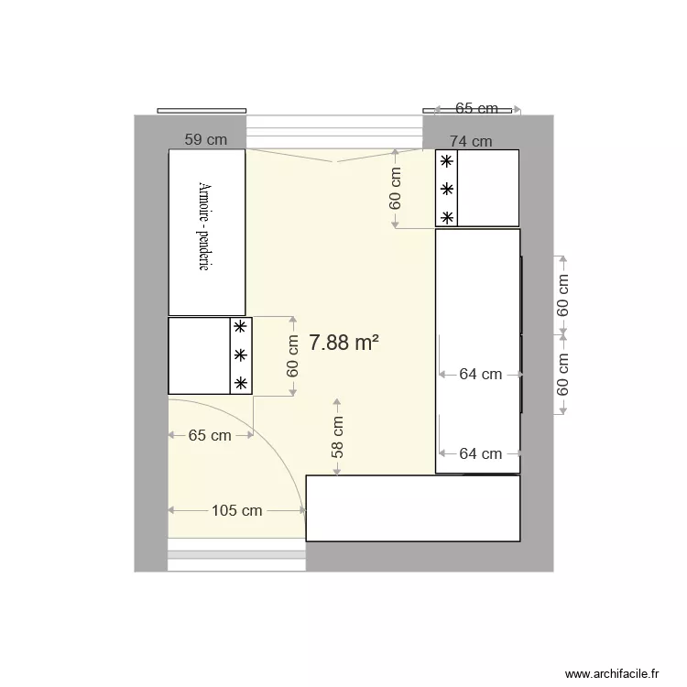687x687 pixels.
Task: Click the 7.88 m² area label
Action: point(343,343)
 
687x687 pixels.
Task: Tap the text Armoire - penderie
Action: point(204,225)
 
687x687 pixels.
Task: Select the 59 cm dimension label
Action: point(205,140)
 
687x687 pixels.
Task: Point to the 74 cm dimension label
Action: point(471,141)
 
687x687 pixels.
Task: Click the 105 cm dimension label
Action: point(236,510)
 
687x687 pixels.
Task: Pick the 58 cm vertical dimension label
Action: point(338,437)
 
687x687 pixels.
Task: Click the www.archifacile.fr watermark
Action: point(612,673)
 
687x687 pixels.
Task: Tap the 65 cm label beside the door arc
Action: point(210,436)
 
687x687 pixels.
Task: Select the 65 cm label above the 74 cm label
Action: point(476,108)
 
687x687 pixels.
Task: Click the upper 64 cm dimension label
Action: point(480,374)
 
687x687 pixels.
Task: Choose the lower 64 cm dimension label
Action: point(480,453)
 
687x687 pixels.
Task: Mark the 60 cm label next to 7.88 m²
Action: point(293,355)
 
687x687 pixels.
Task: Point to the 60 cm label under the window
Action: point(396,188)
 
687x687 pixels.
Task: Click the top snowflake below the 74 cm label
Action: point(446,161)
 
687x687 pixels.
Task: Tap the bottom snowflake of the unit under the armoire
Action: point(240,383)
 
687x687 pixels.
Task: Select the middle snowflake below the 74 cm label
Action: point(446,190)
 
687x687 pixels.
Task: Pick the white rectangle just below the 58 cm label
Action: point(412,508)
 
